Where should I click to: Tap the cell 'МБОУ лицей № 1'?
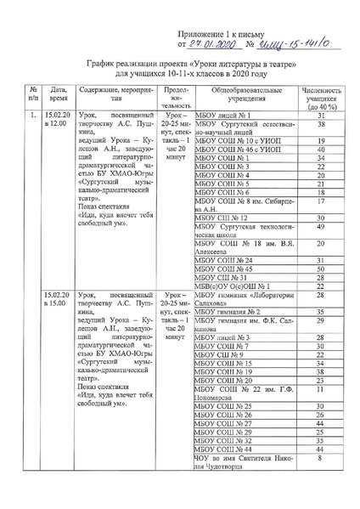pyautogui.click(x=222, y=114)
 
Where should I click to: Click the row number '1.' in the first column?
pyautogui.click(x=11, y=114)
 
